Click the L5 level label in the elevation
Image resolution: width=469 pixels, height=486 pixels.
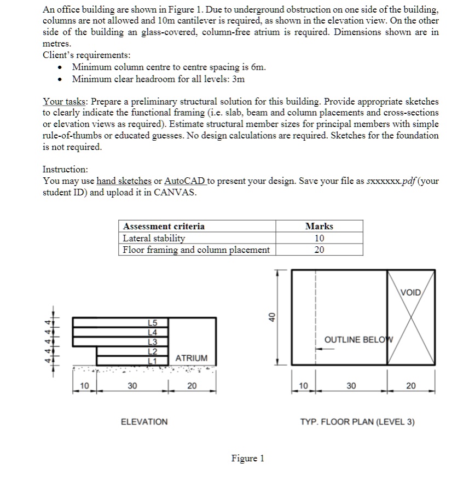[x=153, y=323]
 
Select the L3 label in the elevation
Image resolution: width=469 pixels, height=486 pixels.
[x=153, y=342]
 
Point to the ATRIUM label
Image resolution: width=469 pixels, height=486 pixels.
[x=192, y=358]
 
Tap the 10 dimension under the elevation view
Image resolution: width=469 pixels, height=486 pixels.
[x=84, y=386]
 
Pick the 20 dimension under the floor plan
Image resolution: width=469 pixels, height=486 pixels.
[x=411, y=386]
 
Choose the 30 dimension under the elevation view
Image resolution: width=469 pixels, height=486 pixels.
[x=132, y=386]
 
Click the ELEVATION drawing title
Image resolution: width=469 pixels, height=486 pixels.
[x=144, y=421]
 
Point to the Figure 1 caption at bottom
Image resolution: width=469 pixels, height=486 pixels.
[x=248, y=458]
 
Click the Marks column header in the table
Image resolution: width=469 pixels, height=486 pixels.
[x=319, y=226]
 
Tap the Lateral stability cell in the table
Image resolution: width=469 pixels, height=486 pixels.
[x=154, y=238]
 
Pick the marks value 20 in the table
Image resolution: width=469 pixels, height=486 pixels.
[x=319, y=250]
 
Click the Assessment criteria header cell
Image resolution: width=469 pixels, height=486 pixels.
[x=164, y=226]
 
